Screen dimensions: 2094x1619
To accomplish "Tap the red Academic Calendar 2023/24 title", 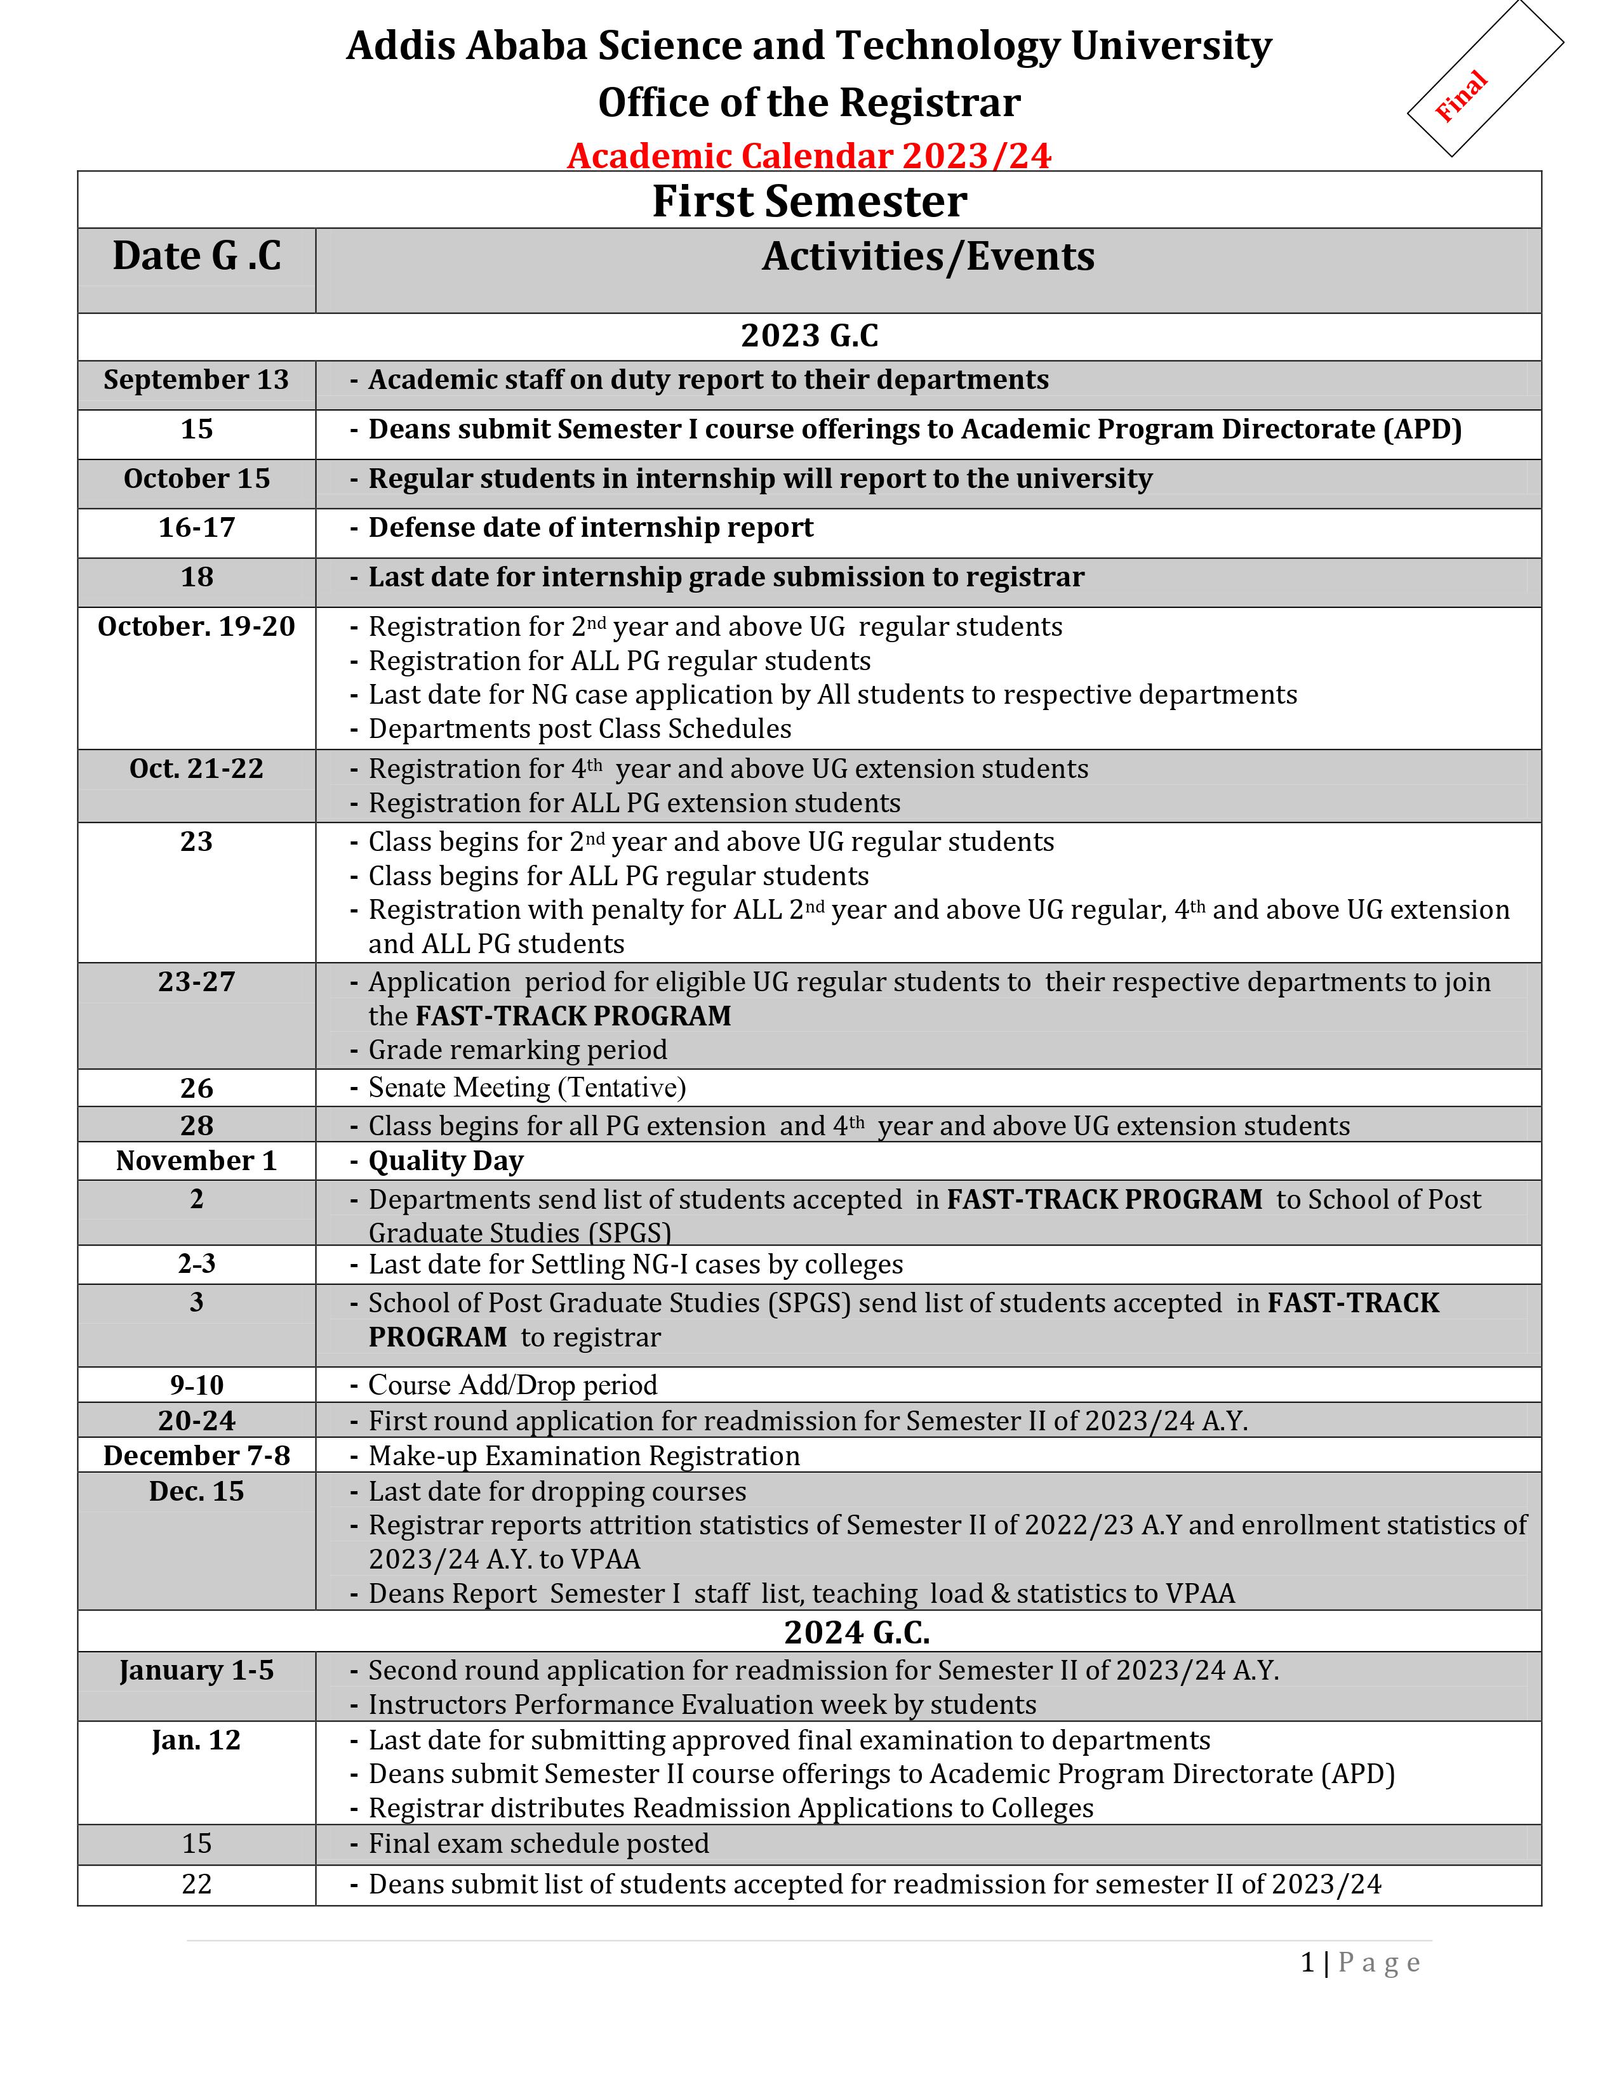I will click(x=808, y=155).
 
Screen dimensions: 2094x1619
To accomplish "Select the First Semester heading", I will click(x=808, y=201).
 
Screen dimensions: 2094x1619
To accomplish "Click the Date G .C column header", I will click(x=197, y=256).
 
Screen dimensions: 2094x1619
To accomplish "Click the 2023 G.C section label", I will click(x=808, y=336).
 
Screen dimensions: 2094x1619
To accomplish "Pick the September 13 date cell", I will click(x=197, y=379).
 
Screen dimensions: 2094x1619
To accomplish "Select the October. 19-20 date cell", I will click(x=197, y=626).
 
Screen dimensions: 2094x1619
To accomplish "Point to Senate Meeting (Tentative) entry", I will click(x=526, y=1087).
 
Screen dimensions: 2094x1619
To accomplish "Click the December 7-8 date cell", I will click(x=197, y=1456).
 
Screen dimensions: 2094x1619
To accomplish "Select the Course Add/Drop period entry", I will click(x=512, y=1385).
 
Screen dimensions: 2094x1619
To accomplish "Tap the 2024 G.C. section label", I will click(x=856, y=1632).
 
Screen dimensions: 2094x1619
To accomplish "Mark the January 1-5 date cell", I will click(x=197, y=1670).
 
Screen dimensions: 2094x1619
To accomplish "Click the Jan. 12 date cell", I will click(x=197, y=1740).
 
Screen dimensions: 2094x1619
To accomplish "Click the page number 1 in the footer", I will click(x=1307, y=1963).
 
